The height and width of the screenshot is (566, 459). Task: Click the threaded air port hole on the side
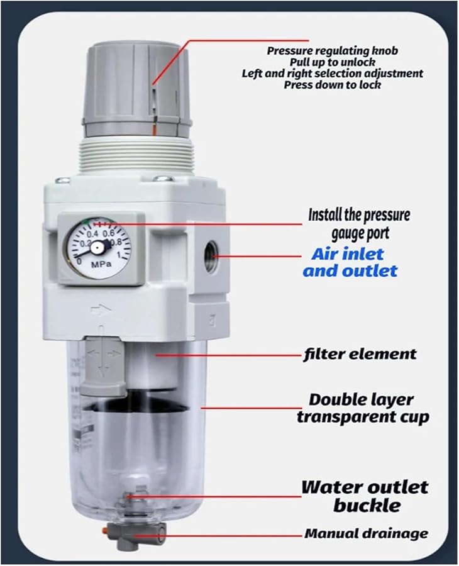(x=211, y=258)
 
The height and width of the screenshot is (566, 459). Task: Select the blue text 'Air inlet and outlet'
(x=350, y=262)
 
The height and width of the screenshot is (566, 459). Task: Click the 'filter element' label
(x=359, y=354)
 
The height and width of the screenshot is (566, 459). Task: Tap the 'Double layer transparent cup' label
(x=363, y=408)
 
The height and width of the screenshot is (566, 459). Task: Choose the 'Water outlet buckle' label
(x=364, y=496)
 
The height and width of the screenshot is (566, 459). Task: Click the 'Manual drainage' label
(x=366, y=534)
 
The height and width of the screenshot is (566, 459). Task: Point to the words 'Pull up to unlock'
(x=332, y=62)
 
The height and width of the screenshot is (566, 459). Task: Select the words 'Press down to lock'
(x=332, y=84)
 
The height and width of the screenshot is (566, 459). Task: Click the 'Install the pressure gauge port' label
(x=359, y=224)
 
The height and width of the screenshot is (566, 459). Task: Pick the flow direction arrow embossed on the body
(x=101, y=309)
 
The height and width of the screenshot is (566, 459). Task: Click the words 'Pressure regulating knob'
(x=333, y=50)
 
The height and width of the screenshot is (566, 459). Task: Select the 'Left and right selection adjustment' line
(x=333, y=73)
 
